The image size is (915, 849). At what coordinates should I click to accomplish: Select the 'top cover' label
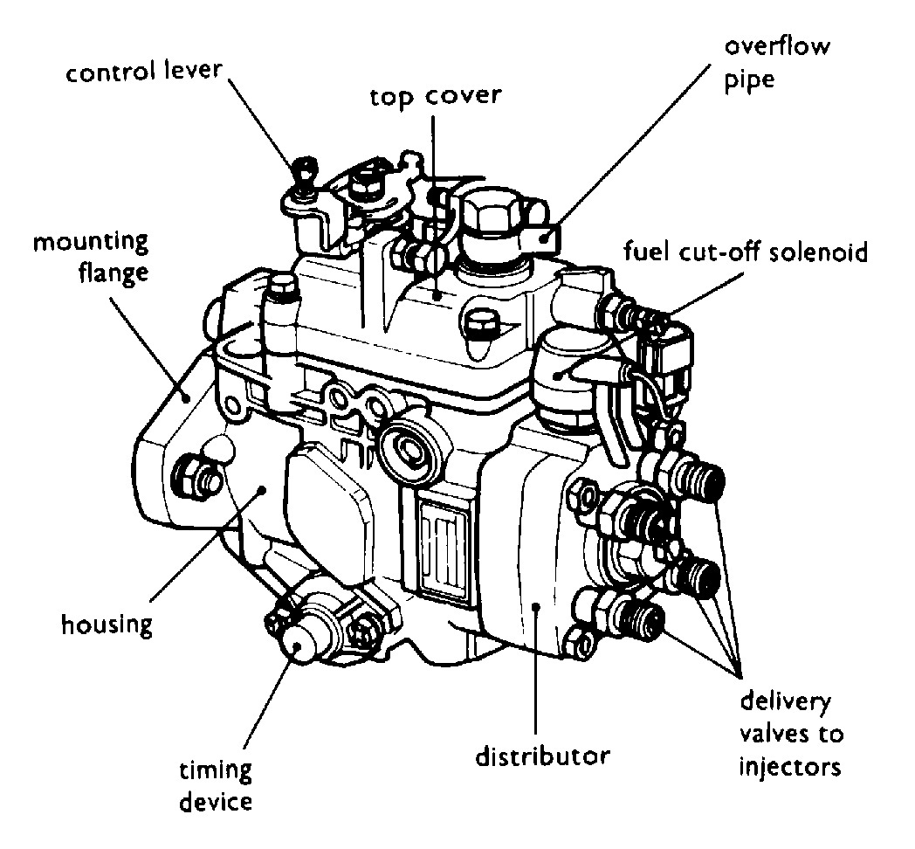tap(435, 94)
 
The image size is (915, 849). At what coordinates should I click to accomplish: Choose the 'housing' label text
tap(107, 624)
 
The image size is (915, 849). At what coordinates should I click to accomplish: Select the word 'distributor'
tap(542, 753)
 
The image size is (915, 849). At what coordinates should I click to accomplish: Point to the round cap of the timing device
tap(299, 644)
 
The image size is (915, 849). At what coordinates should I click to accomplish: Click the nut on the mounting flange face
tap(194, 474)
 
